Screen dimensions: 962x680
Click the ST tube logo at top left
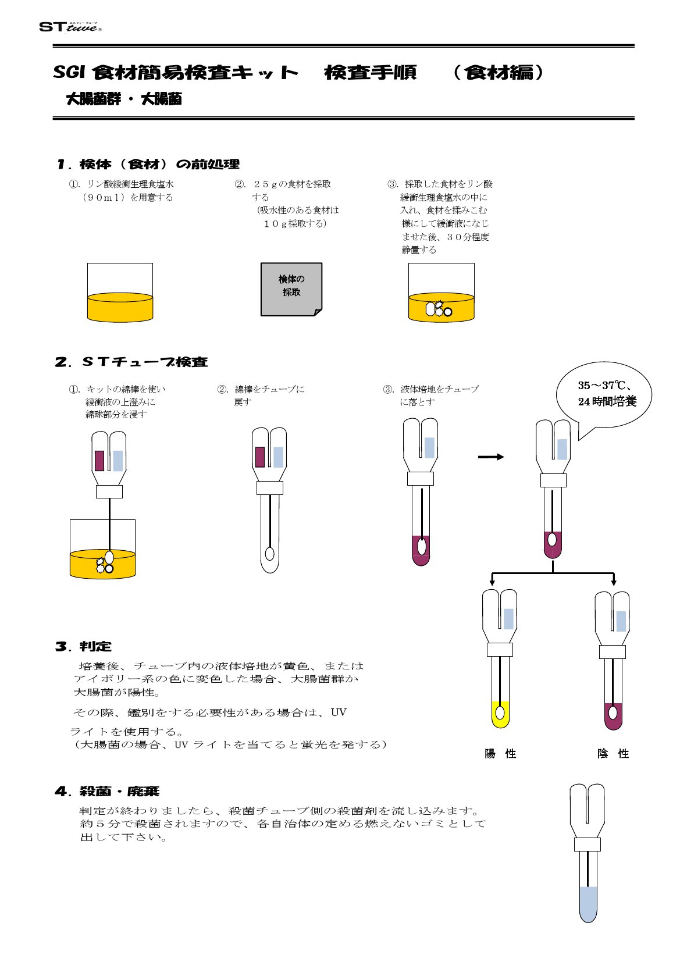70,27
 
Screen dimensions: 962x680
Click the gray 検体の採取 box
291,288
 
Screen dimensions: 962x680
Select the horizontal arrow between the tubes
491,457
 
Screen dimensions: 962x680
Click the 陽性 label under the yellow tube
500,754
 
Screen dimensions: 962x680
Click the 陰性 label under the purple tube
613,754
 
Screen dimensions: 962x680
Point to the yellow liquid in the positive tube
500,715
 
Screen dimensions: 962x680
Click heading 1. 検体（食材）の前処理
148,165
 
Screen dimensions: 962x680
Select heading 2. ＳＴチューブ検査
131,362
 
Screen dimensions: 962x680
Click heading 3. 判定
84,646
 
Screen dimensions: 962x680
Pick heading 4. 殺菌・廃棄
108,792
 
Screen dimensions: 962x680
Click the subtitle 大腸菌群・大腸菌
124,99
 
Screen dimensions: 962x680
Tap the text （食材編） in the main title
499,72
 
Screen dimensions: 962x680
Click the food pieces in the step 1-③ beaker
439,309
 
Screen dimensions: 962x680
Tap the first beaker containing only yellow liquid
120,293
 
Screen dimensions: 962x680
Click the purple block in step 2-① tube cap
99,460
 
